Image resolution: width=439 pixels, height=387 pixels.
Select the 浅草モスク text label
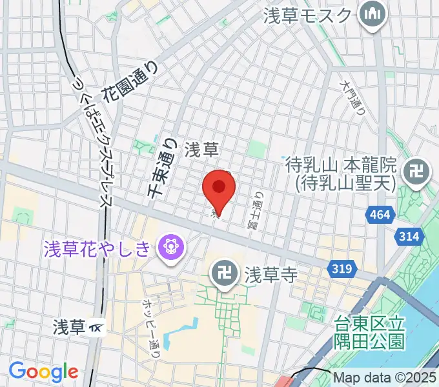click(x=309, y=15)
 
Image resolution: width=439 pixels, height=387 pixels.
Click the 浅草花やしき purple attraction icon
click(x=172, y=246)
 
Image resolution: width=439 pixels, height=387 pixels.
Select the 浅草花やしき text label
click(x=97, y=247)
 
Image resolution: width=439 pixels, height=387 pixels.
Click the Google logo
click(x=43, y=372)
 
